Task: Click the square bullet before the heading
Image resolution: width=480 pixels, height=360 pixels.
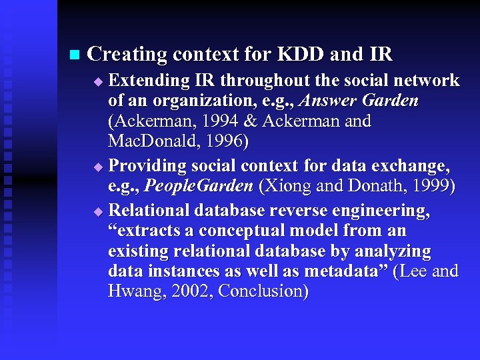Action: [x=73, y=53]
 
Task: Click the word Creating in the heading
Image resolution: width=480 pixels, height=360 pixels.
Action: [x=126, y=54]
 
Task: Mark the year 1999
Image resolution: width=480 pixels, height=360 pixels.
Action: [x=431, y=186]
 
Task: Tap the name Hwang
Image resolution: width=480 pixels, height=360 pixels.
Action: [x=134, y=291]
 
